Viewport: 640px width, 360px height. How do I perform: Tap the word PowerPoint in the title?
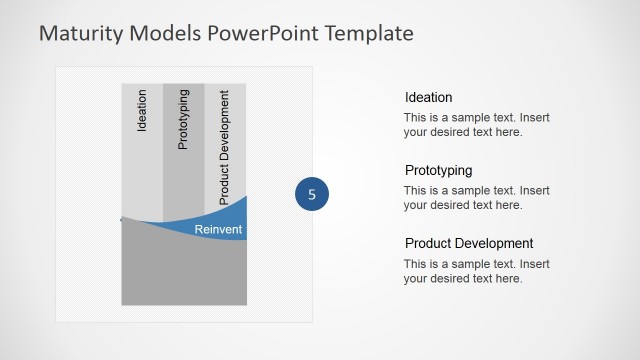pyautogui.click(x=256, y=33)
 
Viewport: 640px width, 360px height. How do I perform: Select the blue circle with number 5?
pyautogui.click(x=312, y=195)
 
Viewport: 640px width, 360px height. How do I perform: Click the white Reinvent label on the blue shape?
pyautogui.click(x=218, y=230)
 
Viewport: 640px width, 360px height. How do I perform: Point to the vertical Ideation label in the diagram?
pyautogui.click(x=142, y=111)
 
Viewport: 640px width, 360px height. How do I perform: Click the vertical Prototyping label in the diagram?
pyautogui.click(x=182, y=119)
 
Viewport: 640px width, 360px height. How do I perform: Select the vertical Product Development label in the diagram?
pyautogui.click(x=224, y=146)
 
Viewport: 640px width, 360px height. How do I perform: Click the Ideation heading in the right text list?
pyautogui.click(x=428, y=97)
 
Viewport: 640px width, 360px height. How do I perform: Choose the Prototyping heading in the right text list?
pyautogui.click(x=438, y=170)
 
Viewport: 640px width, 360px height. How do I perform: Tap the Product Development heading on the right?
pyautogui.click(x=469, y=243)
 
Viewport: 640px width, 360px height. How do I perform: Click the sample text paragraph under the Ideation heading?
pyautogui.click(x=476, y=124)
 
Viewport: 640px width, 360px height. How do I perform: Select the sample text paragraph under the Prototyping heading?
pyautogui.click(x=476, y=197)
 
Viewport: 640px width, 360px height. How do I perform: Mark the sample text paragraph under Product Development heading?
pyautogui.click(x=476, y=271)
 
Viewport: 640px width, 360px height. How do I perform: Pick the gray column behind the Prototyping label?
pyautogui.click(x=183, y=180)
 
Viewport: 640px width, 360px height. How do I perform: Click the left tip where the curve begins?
pyautogui.click(x=122, y=218)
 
